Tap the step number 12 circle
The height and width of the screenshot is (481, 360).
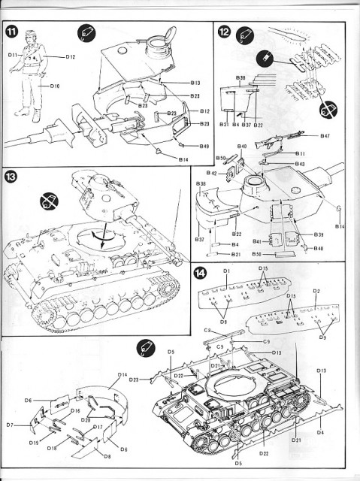click(225, 32)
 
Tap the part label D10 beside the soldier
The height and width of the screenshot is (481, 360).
click(55, 86)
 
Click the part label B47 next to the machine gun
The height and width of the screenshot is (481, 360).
click(325, 135)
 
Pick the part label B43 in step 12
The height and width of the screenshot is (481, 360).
click(299, 163)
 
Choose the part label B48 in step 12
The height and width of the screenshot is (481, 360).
click(319, 248)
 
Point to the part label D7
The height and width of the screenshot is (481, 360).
click(11, 425)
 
